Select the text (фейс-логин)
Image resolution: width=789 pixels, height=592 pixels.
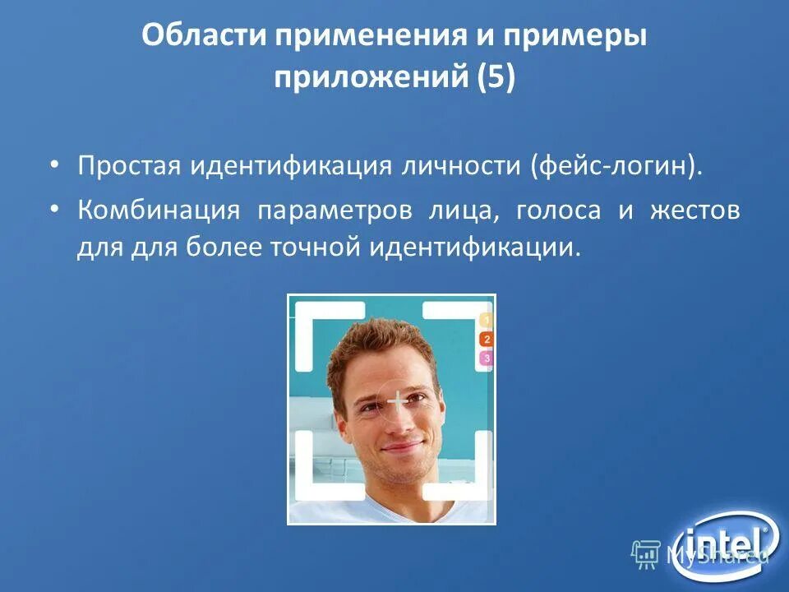(x=617, y=167)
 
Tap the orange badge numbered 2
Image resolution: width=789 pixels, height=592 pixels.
(x=486, y=339)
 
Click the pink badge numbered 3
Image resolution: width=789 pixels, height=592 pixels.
(x=486, y=358)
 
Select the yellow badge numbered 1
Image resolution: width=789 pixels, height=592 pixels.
(x=486, y=320)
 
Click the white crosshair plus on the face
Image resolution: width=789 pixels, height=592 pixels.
(x=398, y=402)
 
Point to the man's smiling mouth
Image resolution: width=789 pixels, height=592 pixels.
(x=402, y=448)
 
